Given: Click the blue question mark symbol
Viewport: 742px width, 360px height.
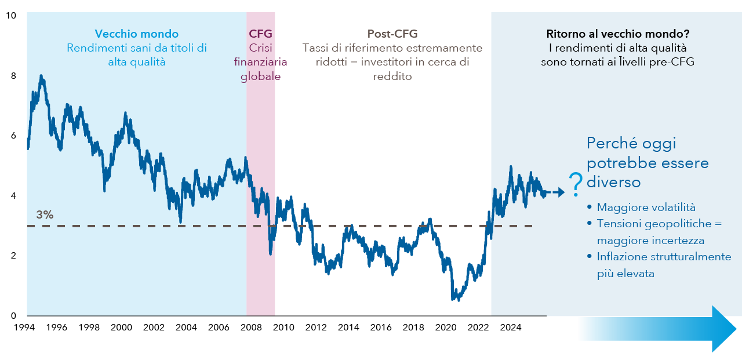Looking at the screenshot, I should click(576, 185).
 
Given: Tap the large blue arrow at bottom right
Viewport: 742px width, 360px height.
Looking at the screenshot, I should click(657, 329).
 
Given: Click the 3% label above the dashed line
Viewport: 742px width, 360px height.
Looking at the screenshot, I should click(45, 214).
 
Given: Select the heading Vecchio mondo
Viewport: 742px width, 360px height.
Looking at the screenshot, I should click(137, 34).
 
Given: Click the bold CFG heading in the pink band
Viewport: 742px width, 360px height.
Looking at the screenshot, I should click(260, 34).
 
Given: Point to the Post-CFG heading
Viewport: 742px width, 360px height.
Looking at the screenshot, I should click(392, 34).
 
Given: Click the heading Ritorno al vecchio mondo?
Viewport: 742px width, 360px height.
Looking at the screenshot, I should click(619, 34).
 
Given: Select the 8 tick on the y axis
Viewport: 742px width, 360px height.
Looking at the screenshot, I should click(13, 76).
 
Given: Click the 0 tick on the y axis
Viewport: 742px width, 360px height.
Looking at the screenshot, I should click(13, 316).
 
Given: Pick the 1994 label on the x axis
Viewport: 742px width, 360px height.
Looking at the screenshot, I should click(24, 327).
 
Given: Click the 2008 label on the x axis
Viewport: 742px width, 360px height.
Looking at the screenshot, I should click(251, 327).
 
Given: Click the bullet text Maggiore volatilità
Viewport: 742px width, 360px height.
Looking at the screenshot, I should click(646, 208).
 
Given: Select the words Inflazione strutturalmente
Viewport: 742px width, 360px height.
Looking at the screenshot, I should click(664, 257).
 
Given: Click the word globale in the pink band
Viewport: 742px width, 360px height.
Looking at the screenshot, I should click(260, 77).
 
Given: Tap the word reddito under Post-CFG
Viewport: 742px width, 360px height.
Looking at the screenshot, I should click(392, 77).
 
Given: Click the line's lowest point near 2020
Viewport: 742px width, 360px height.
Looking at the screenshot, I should click(452, 299).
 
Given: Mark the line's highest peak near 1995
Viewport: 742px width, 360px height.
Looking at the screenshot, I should click(41, 76).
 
